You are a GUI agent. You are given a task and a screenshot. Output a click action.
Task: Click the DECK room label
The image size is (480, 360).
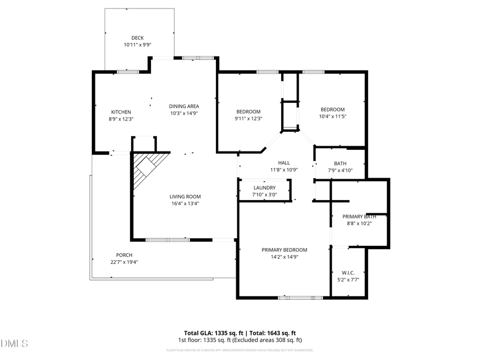[x=138, y=38]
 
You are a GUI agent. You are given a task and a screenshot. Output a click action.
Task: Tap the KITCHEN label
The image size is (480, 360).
[x=121, y=112]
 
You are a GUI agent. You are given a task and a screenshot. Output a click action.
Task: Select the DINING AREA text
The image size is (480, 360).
[x=184, y=106]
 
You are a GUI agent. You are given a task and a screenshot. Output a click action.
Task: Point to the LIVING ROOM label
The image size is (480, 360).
[x=185, y=196]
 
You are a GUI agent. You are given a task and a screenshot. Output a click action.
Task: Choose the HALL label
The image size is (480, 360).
[x=284, y=163]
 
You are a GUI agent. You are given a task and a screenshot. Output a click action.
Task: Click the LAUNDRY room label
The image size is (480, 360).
[x=265, y=188]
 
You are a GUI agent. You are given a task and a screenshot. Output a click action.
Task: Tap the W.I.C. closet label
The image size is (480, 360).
[x=348, y=273]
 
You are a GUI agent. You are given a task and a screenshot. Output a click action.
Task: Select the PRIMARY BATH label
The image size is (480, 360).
[x=359, y=217]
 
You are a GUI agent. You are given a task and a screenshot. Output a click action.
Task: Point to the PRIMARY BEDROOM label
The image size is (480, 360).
[x=284, y=250]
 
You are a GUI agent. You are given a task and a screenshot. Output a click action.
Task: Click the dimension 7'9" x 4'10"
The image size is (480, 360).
[x=340, y=171]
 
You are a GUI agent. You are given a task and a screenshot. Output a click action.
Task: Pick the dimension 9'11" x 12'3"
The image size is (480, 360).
[x=249, y=118]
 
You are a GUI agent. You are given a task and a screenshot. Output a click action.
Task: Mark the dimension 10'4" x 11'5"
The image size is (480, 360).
[x=333, y=116]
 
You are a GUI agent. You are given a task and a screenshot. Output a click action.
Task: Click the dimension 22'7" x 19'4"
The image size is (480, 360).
[x=124, y=262]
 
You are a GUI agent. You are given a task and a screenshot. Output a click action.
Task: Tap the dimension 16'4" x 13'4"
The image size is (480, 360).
[x=185, y=203]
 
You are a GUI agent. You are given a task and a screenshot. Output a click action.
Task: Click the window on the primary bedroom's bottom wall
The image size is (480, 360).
[x=300, y=297]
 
